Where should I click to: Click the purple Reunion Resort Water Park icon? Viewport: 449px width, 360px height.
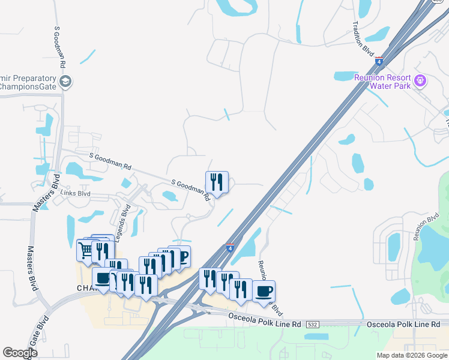tap(421, 79)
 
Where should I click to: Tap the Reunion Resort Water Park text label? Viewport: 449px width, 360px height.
tap(382, 82)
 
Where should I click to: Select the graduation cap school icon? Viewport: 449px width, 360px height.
tap(65, 82)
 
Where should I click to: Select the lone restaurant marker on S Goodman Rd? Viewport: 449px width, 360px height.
tap(217, 182)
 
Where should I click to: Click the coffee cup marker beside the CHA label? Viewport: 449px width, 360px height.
tap(103, 278)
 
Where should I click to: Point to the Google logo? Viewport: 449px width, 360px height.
tap(20, 353)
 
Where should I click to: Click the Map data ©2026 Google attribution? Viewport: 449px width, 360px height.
tap(412, 355)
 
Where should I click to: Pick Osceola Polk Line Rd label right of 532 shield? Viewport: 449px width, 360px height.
tap(400, 324)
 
